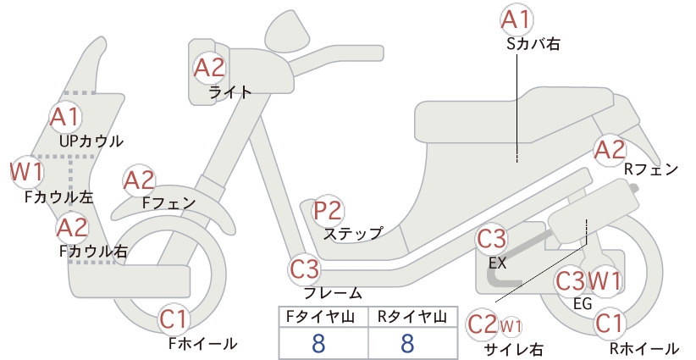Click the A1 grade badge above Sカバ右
516,20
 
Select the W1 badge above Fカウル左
27,172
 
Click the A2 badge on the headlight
209,68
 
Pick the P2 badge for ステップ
328,211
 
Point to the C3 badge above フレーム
305,269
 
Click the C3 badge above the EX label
491,239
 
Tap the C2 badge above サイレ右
483,324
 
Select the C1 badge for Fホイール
174,319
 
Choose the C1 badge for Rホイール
610,323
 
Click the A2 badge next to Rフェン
610,150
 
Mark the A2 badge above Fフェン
139,180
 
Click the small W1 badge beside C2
511,326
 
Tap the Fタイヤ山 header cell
323,317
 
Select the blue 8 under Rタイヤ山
407,343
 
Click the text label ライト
230,92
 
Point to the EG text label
583,303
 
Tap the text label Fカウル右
94,252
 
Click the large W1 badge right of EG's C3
605,280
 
